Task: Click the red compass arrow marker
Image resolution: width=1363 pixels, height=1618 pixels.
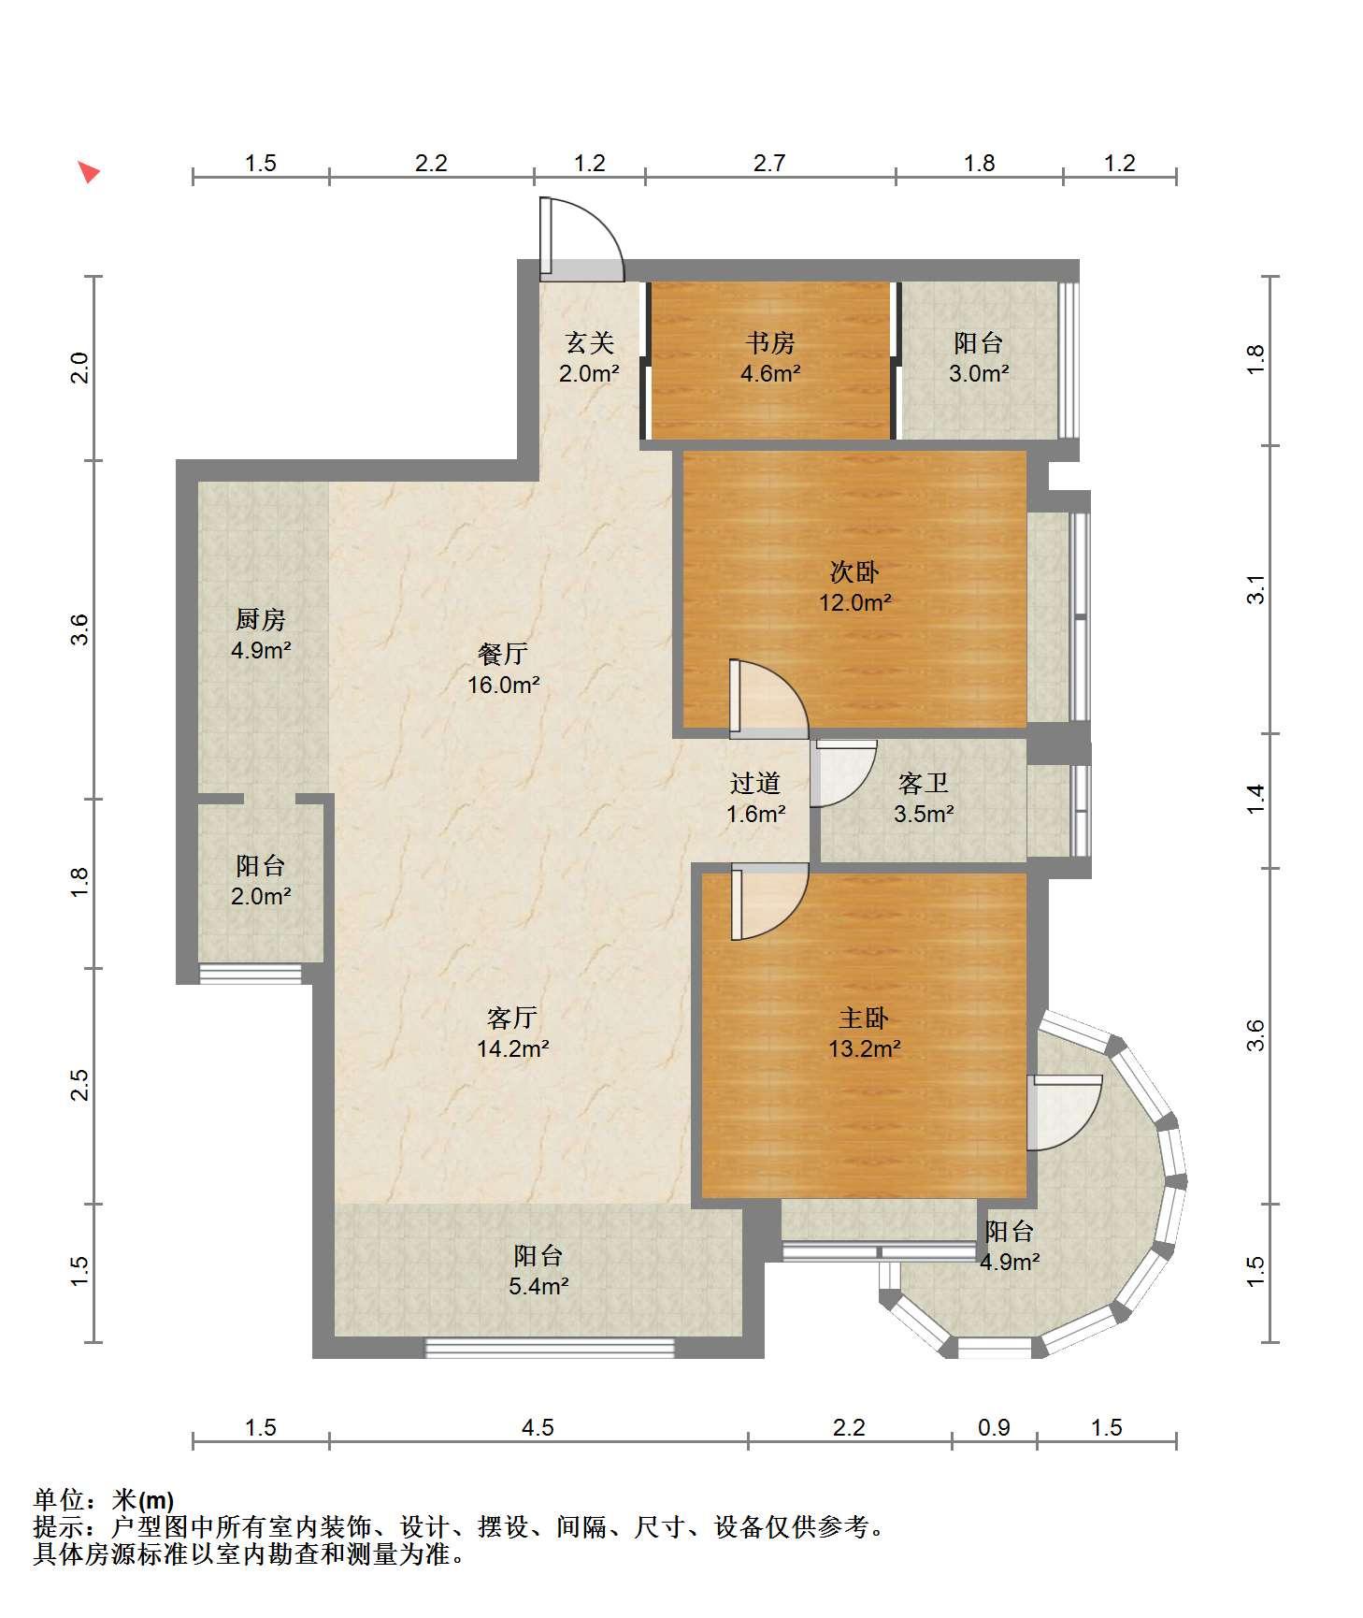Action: (89, 172)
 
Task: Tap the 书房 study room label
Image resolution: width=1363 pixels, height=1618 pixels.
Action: (770, 343)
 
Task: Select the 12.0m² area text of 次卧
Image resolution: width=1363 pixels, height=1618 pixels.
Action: (855, 602)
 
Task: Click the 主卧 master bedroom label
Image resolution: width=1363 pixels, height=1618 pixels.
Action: (864, 1018)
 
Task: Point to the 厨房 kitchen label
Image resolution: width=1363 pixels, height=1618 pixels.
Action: (260, 619)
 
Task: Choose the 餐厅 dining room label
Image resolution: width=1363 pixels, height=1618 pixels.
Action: (503, 654)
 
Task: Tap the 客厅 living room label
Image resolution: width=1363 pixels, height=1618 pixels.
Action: (512, 1017)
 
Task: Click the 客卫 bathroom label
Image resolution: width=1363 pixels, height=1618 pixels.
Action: (923, 783)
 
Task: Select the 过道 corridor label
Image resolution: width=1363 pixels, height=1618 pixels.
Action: (755, 783)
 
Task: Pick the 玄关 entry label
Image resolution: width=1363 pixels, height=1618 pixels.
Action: (590, 343)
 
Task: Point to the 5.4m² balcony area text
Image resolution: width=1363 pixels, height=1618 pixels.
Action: (539, 1286)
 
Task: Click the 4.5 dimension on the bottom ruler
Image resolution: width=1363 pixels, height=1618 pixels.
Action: (538, 1427)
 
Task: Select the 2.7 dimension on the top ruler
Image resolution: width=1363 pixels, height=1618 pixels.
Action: (769, 163)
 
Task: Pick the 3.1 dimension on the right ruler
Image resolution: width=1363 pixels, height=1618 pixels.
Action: (1255, 589)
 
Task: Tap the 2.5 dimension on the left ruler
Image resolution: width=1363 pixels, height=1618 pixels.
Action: (80, 1085)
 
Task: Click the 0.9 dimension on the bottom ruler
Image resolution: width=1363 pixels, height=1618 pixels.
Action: (994, 1427)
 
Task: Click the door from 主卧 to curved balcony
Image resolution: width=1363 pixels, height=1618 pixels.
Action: (1064, 1112)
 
